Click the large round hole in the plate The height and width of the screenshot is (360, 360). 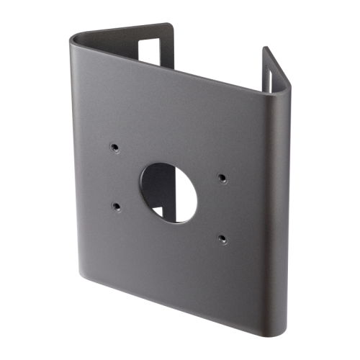pos(168,192)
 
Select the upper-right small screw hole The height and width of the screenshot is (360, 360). pos(222,176)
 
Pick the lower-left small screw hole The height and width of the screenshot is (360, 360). pos(116,206)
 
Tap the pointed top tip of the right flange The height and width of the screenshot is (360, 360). pos(264,48)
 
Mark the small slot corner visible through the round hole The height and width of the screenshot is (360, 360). pos(161,211)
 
